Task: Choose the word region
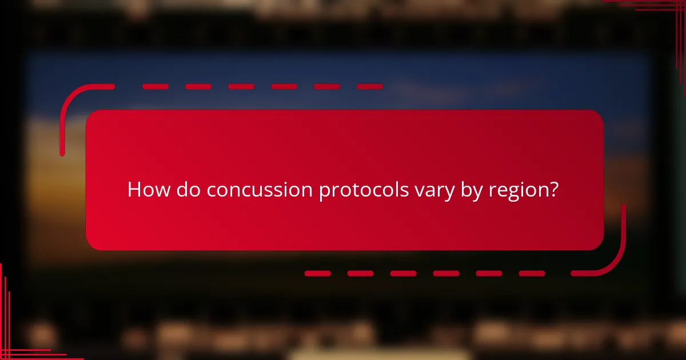click(x=519, y=190)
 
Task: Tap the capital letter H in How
click(x=134, y=189)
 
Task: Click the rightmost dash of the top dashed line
click(x=369, y=87)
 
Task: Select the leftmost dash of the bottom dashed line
click(x=317, y=274)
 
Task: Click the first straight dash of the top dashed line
click(x=155, y=87)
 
